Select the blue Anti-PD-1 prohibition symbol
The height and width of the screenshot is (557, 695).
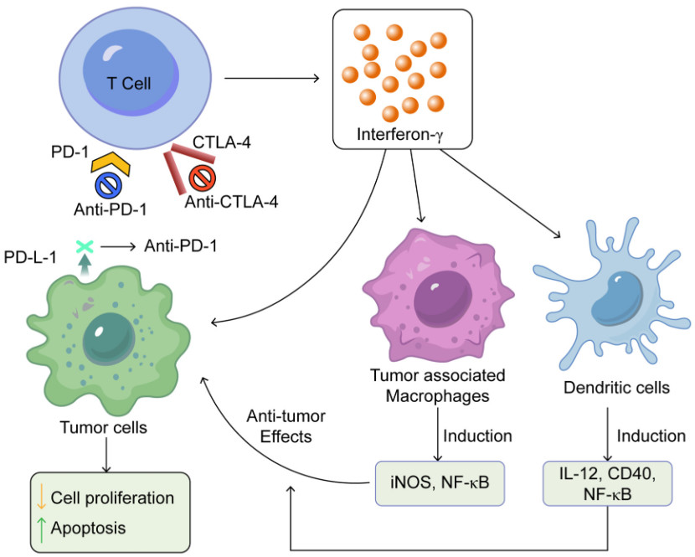[x=110, y=185]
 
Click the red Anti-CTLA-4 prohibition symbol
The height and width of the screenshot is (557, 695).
[x=202, y=178]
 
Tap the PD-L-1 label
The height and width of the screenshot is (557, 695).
[x=30, y=256]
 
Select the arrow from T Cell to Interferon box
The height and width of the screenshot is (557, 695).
[x=273, y=80]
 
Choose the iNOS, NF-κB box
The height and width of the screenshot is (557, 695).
[x=440, y=483]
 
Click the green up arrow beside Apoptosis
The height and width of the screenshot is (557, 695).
[x=39, y=529]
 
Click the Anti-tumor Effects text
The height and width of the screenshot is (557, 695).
[x=285, y=426]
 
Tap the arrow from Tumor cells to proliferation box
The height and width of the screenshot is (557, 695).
[x=106, y=455]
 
